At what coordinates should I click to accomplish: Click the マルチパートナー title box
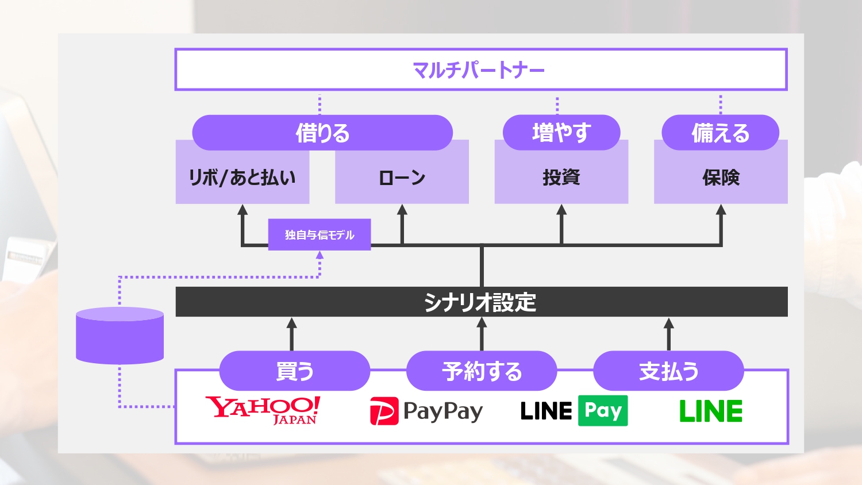pyautogui.click(x=480, y=70)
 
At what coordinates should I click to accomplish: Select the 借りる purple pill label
pyautogui.click(x=322, y=133)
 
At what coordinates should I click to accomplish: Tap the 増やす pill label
pyautogui.click(x=561, y=133)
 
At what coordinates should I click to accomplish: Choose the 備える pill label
pyautogui.click(x=721, y=133)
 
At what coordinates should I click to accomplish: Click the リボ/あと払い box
pyautogui.click(x=243, y=178)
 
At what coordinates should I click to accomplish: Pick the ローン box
pyautogui.click(x=402, y=178)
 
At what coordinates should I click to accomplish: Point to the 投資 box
pyautogui.click(x=561, y=178)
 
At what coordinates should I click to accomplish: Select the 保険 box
pyautogui.click(x=721, y=178)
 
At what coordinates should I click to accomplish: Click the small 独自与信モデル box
pyautogui.click(x=320, y=234)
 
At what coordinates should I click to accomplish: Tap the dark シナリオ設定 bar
pyautogui.click(x=481, y=302)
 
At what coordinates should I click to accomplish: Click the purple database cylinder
pyautogui.click(x=120, y=336)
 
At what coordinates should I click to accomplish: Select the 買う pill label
pyautogui.click(x=294, y=371)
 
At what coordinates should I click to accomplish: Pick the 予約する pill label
pyautogui.click(x=482, y=371)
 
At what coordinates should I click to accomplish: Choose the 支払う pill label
pyautogui.click(x=668, y=371)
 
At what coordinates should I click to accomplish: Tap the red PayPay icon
pyautogui.click(x=384, y=411)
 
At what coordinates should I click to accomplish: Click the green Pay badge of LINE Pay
pyautogui.click(x=603, y=410)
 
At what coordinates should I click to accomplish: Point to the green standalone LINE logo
pyautogui.click(x=711, y=411)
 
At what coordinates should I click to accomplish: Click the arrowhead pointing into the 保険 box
pyautogui.click(x=721, y=210)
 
